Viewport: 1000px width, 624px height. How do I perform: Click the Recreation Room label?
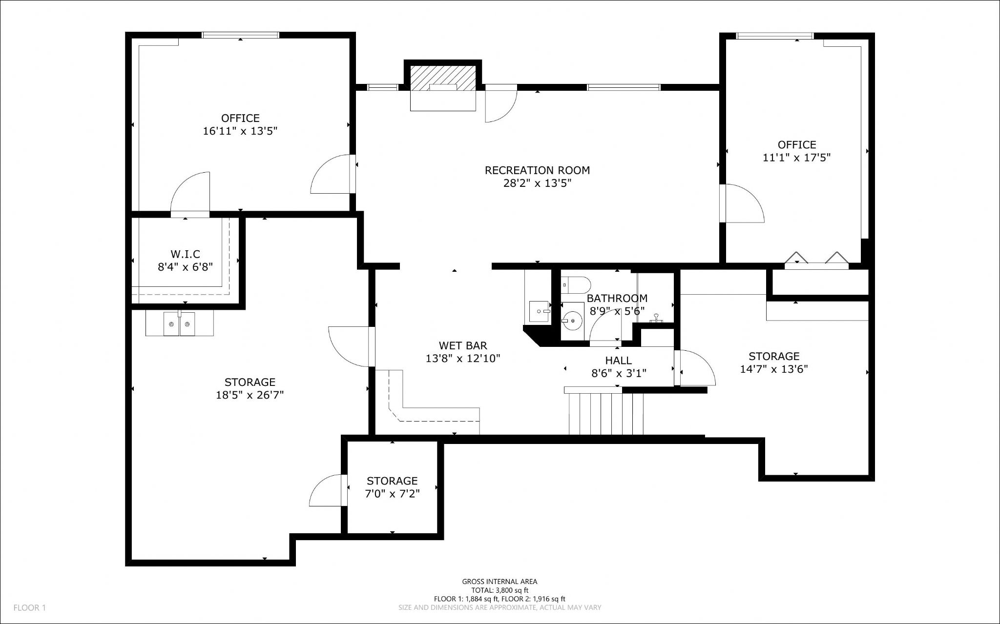click(537, 170)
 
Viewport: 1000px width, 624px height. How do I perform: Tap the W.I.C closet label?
click(186, 254)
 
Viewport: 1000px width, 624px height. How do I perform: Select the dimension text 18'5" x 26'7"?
click(250, 395)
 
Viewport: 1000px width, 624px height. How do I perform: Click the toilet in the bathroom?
click(576, 283)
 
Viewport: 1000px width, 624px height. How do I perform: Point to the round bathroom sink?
click(572, 321)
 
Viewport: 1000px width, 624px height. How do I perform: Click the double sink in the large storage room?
click(179, 324)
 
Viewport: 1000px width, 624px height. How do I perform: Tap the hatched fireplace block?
click(443, 78)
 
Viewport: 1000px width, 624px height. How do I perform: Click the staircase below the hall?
click(606, 413)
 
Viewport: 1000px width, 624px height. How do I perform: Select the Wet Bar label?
click(463, 346)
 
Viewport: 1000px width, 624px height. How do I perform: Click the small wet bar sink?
click(540, 311)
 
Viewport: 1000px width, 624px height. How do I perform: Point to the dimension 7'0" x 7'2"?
click(393, 494)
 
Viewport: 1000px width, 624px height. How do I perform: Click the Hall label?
click(619, 361)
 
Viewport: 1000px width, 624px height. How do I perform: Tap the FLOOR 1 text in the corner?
click(29, 608)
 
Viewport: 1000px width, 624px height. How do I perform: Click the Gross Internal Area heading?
click(500, 582)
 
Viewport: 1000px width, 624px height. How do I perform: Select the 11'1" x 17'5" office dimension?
click(797, 158)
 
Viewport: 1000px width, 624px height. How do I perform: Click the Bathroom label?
click(617, 298)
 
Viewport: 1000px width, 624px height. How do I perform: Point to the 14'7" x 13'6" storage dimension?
click(774, 369)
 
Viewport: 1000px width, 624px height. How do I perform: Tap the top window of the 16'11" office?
click(240, 35)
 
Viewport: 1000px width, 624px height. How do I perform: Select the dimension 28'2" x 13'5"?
click(537, 183)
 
